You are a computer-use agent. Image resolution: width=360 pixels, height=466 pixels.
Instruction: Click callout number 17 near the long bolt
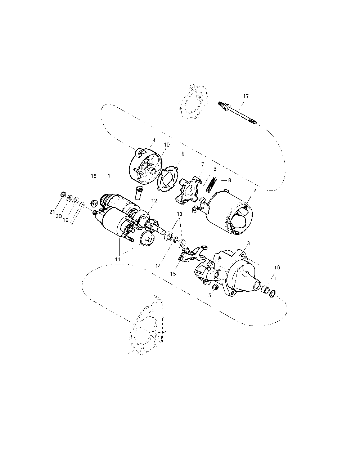(246, 96)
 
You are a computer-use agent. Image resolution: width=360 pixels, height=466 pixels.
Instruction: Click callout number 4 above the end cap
(154, 140)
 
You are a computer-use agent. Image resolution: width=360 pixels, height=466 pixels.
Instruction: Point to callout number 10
(166, 144)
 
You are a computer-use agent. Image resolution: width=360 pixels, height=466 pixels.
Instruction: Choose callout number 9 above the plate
(183, 153)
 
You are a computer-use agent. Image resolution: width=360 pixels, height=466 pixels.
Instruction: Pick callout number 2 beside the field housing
(255, 191)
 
